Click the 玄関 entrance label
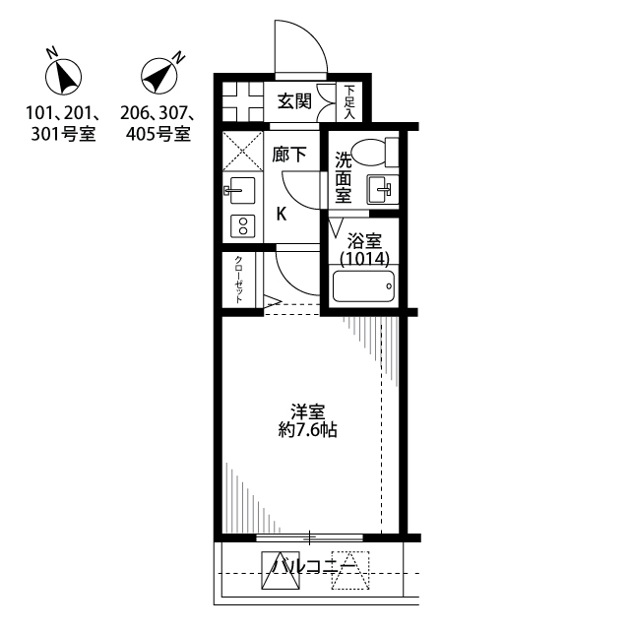coord(295,101)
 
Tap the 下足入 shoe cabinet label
coord(349,101)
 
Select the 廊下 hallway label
coord(289,155)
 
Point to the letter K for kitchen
coord(282,215)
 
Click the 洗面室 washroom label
coord(344,177)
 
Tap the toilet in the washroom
coord(377,152)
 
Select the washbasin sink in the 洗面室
coord(382,189)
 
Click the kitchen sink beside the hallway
coord(239,190)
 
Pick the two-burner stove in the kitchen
coord(243,225)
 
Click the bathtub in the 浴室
coord(364,286)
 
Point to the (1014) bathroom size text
coord(365,260)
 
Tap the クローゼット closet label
coord(238,280)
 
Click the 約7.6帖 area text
coord(308,430)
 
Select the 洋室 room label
coord(308,411)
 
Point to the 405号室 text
coord(158,134)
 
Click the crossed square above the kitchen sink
coord(243,151)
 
